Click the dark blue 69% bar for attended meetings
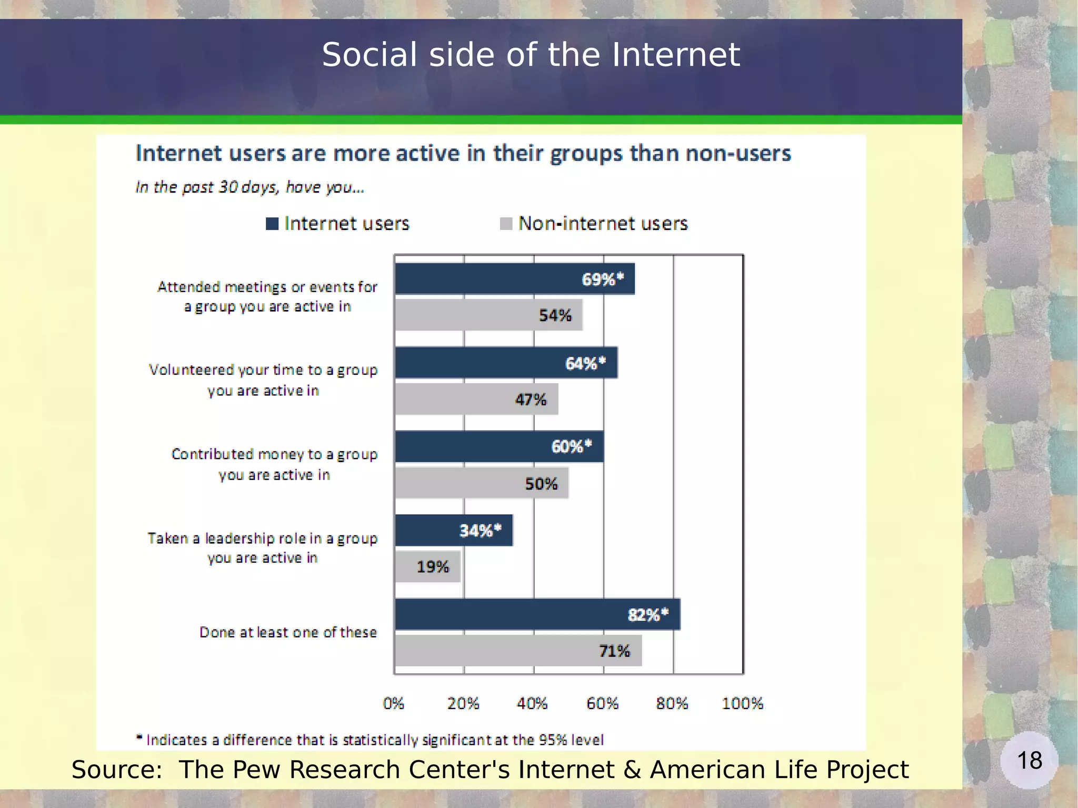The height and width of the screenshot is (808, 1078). pyautogui.click(x=514, y=278)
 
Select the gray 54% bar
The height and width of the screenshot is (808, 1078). pyautogui.click(x=488, y=315)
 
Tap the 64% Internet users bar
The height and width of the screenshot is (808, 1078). pyautogui.click(x=506, y=363)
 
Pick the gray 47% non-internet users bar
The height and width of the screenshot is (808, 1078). pyautogui.click(x=476, y=399)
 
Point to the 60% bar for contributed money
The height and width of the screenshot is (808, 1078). pyautogui.click(x=499, y=446)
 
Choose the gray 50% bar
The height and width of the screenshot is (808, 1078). pyautogui.click(x=482, y=483)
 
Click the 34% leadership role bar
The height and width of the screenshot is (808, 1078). pyautogui.click(x=454, y=530)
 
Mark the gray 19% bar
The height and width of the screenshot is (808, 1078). pyautogui.click(x=427, y=566)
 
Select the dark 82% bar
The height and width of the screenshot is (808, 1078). pyautogui.click(x=537, y=614)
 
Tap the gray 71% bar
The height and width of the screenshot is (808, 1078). pyautogui.click(x=518, y=651)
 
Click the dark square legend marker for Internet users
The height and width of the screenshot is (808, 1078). pyautogui.click(x=272, y=224)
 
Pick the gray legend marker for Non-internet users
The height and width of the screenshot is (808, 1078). pyautogui.click(x=506, y=224)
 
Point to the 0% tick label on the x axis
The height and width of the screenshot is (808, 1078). pyautogui.click(x=393, y=703)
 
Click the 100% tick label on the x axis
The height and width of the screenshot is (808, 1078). pyautogui.click(x=742, y=703)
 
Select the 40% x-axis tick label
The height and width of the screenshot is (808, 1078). pyautogui.click(x=532, y=703)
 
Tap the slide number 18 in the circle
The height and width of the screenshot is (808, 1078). pyautogui.click(x=1030, y=760)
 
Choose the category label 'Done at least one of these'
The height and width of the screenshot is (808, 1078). pyautogui.click(x=288, y=632)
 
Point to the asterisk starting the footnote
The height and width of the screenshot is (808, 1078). pyautogui.click(x=139, y=737)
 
